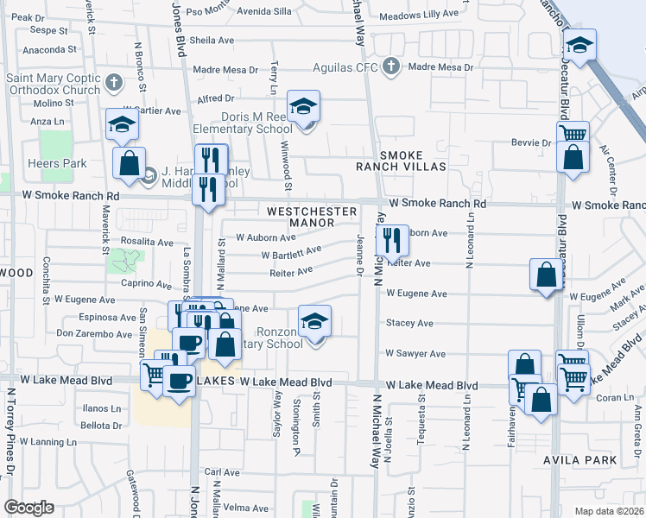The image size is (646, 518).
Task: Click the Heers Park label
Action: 63,163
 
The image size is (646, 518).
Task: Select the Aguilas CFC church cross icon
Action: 390,66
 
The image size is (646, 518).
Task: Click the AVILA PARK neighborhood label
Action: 580,460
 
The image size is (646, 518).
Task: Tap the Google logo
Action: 28,508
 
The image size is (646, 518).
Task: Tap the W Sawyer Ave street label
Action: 415,353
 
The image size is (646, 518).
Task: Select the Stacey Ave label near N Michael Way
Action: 409,324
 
